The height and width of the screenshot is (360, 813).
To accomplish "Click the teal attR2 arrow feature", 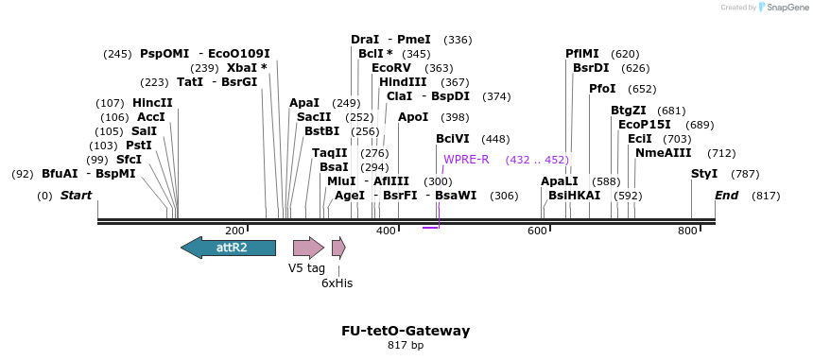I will [228, 248].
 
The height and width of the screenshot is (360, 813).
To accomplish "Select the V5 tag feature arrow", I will [308, 248].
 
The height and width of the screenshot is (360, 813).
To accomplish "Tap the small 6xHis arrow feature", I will [337, 248].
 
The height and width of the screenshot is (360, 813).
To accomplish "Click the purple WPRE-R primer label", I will [466, 160].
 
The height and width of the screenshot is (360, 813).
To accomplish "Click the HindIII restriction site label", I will [403, 82].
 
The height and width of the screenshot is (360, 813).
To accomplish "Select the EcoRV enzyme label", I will [391, 68].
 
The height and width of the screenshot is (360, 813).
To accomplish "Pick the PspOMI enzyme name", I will [164, 54].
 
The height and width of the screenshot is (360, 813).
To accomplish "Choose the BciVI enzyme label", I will [453, 139].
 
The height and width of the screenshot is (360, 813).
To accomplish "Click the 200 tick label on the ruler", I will [235, 231].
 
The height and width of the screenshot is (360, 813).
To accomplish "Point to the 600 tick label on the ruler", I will [537, 231].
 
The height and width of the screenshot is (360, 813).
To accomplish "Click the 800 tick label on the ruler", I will [687, 231].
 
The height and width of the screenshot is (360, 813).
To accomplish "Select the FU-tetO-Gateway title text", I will [406, 331].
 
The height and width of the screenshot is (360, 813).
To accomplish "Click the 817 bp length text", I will [406, 346].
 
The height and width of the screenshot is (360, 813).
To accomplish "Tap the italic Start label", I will [76, 196].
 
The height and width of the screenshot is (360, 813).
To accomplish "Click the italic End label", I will [726, 196].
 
